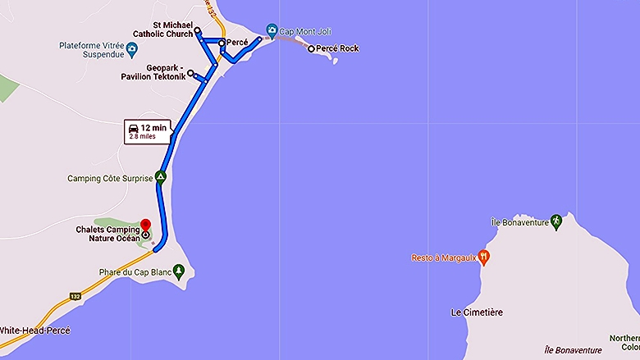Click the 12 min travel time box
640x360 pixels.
point(148,131)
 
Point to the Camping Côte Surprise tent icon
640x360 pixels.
point(162,176)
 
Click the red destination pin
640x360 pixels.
point(146,226)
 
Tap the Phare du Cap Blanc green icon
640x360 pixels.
point(179,271)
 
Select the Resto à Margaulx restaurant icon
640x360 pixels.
point(484,257)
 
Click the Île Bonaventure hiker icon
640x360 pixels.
point(555,221)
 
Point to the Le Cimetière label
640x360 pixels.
point(476,312)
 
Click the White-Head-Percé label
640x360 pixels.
point(34,330)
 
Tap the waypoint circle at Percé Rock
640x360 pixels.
point(310,49)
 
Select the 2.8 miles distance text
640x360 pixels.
point(141,137)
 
